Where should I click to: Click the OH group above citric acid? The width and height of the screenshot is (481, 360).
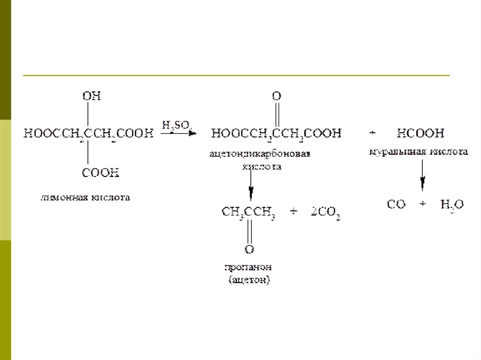point(92,96)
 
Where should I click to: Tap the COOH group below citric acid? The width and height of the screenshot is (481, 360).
point(101,173)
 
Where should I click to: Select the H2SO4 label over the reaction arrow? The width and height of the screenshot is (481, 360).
point(177,125)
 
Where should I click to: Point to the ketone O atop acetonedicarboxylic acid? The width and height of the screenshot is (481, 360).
point(276,96)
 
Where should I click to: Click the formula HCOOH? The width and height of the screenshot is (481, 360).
point(420,134)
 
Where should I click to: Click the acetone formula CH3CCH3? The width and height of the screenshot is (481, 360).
point(248,214)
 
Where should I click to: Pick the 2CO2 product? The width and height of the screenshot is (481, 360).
point(325,214)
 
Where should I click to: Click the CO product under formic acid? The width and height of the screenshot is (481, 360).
point(396,205)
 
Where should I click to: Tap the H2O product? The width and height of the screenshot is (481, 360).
point(452,205)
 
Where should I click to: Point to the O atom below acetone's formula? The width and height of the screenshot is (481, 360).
point(249,248)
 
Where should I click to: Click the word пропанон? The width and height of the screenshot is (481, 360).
point(248,268)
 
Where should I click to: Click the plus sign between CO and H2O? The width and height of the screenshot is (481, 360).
point(423,204)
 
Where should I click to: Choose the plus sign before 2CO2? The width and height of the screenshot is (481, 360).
point(294,214)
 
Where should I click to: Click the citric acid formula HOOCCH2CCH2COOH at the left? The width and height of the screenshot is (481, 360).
point(89,134)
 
